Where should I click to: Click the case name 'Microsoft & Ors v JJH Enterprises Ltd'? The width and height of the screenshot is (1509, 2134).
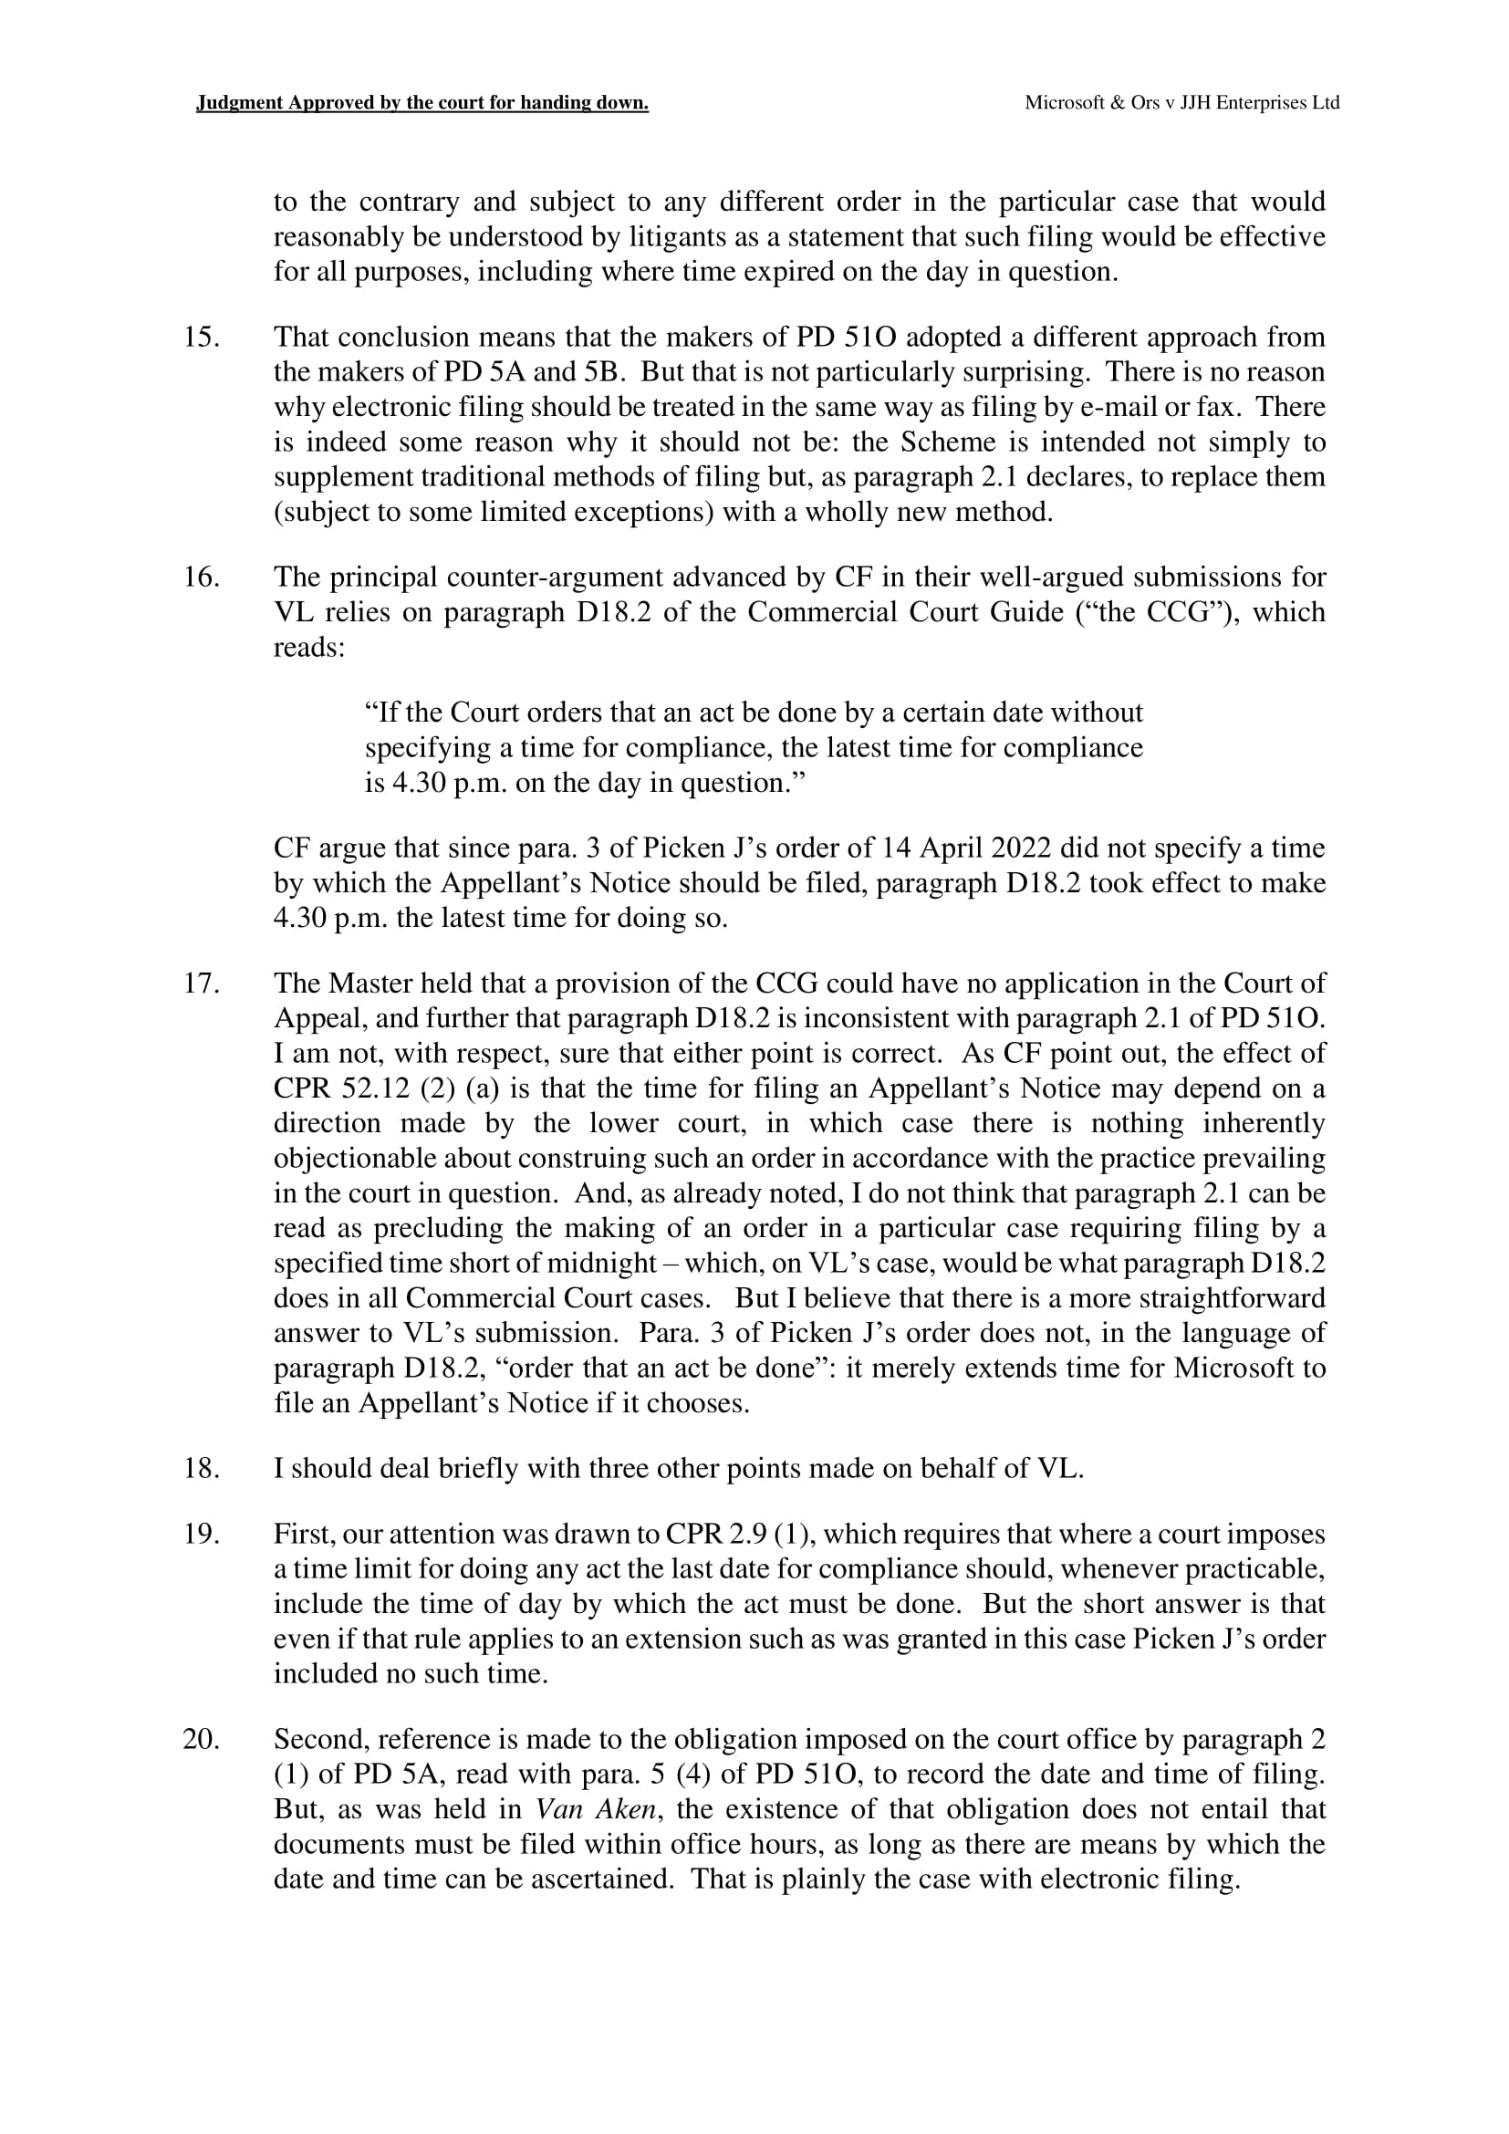[x=1181, y=103]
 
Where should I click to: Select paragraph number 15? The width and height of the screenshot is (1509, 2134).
[x=201, y=338]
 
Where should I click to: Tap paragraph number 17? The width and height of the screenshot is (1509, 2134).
[x=201, y=984]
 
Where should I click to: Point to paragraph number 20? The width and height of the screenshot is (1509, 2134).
[x=201, y=1739]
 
